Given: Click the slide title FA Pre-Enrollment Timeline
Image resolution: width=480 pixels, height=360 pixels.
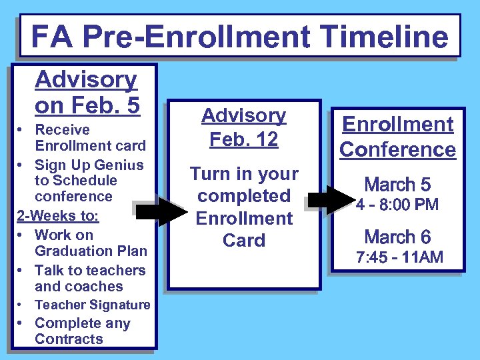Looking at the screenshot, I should (x=239, y=36).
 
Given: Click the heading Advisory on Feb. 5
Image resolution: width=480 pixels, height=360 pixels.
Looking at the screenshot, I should (x=87, y=92).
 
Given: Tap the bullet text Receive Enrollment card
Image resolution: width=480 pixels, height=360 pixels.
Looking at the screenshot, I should (x=89, y=137).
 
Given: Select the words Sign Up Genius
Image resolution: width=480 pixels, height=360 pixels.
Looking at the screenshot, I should (x=89, y=164).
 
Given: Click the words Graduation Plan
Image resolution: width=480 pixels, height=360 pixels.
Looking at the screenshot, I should (x=91, y=251).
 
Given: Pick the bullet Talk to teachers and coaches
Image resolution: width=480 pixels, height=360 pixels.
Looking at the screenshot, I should (x=89, y=278).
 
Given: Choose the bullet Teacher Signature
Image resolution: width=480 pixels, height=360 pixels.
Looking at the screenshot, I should (x=92, y=305).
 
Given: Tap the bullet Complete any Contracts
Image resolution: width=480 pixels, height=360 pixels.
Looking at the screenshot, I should (x=82, y=331).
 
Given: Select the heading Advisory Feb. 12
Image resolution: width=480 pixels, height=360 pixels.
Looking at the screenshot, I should (x=243, y=127).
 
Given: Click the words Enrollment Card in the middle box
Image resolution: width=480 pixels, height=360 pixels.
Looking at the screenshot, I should (x=243, y=229).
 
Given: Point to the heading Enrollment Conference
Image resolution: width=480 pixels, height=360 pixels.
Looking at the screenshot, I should (x=397, y=137).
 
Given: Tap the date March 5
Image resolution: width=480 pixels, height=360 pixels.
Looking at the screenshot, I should (x=397, y=184).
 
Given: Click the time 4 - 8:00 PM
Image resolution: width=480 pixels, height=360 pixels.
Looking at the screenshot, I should (x=397, y=205).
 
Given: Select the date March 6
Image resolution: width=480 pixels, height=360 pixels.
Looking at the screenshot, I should (x=397, y=237).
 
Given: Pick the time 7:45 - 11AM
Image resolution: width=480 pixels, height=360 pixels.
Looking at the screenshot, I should (x=399, y=257).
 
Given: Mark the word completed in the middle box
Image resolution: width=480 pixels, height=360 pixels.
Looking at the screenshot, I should (x=243, y=196).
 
